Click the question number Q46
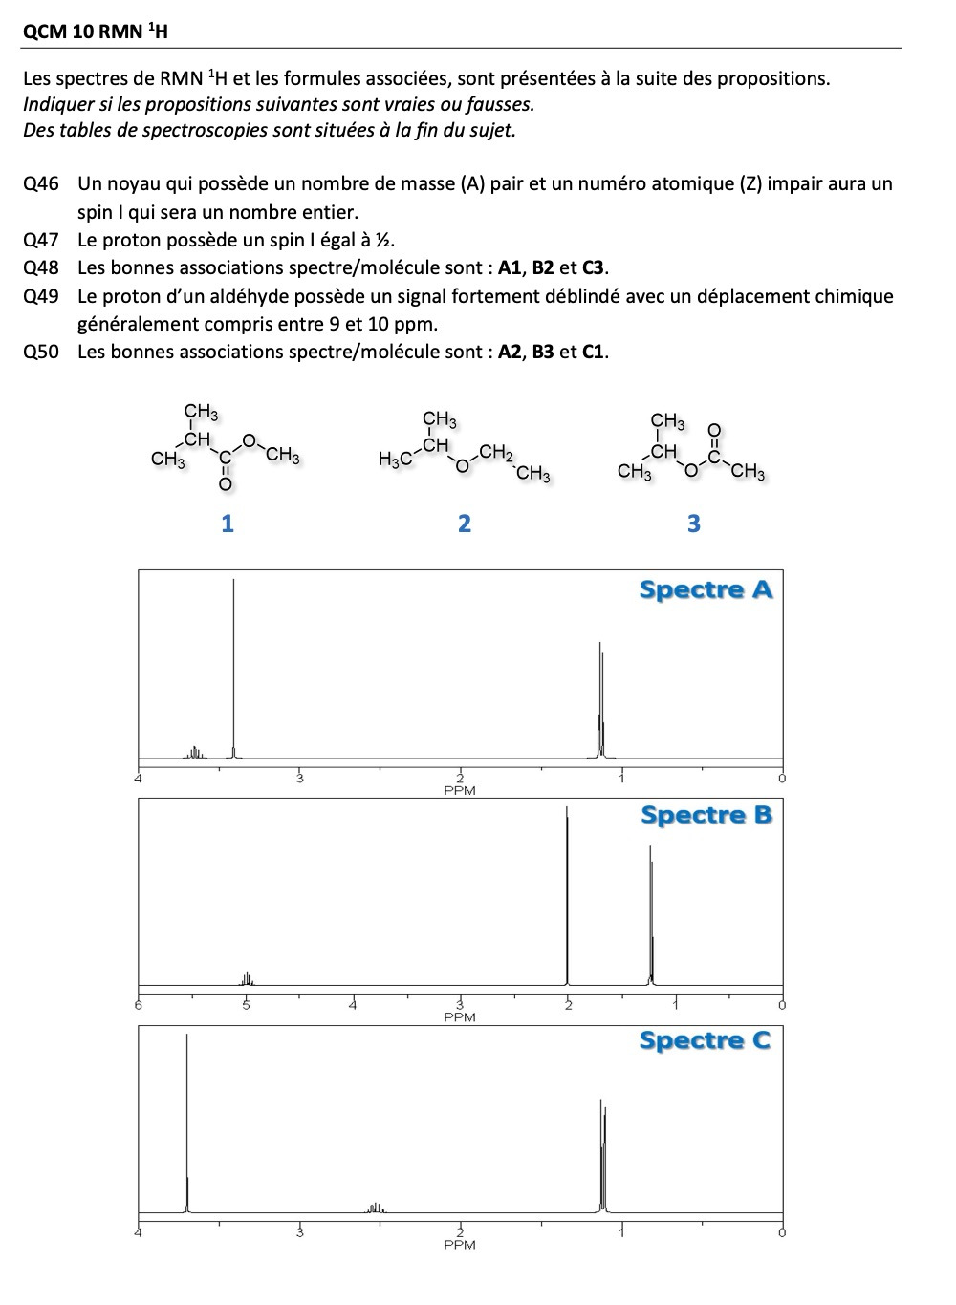(x=40, y=183)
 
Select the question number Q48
(x=40, y=267)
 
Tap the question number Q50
(x=40, y=352)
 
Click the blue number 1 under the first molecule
(x=227, y=523)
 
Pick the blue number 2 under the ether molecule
(x=465, y=523)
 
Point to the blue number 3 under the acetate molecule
(x=694, y=523)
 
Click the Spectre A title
(x=706, y=589)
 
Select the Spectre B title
(x=706, y=815)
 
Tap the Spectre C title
(x=706, y=1040)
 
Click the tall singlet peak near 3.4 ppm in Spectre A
(x=233, y=669)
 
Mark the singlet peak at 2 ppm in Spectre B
(x=567, y=898)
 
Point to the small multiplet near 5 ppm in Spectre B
(x=247, y=978)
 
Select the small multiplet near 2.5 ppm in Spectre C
(x=376, y=1208)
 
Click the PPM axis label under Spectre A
(x=460, y=791)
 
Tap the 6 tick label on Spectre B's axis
(x=139, y=1005)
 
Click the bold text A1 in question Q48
(x=510, y=267)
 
